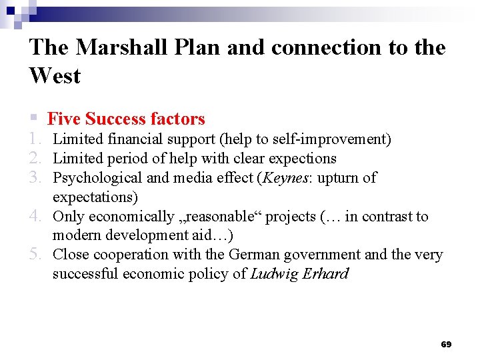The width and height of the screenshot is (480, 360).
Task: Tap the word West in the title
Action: tap(55, 76)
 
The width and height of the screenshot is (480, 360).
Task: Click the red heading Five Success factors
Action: tap(126, 119)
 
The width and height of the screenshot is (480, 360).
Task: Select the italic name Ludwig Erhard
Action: tap(299, 274)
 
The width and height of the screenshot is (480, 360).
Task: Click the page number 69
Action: tap(446, 345)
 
